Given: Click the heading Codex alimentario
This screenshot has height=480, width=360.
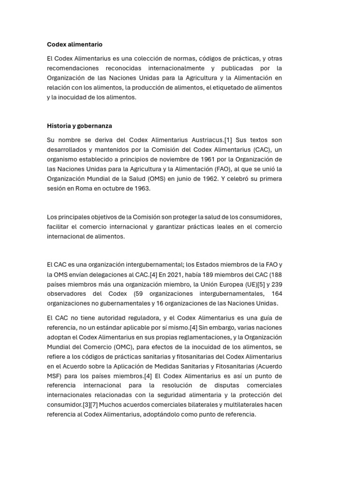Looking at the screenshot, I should pyautogui.click(x=75, y=45).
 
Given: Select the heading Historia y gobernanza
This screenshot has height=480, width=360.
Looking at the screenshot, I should pyautogui.click(x=79, y=126).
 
